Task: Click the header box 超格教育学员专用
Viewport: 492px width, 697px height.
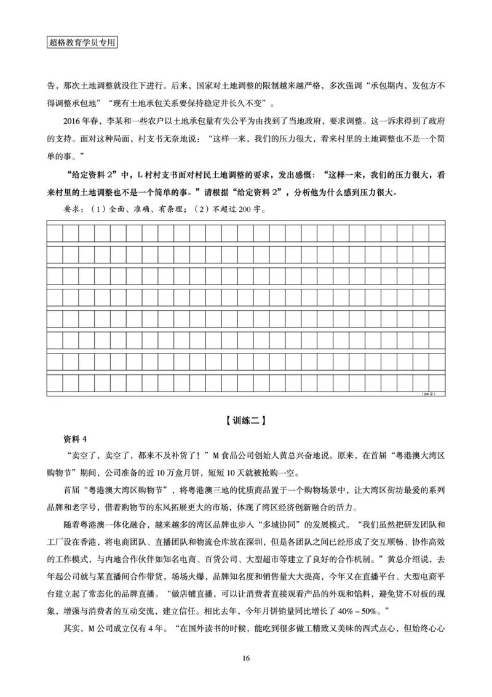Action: tap(82, 44)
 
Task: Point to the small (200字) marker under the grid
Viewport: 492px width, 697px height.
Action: tap(428, 393)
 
